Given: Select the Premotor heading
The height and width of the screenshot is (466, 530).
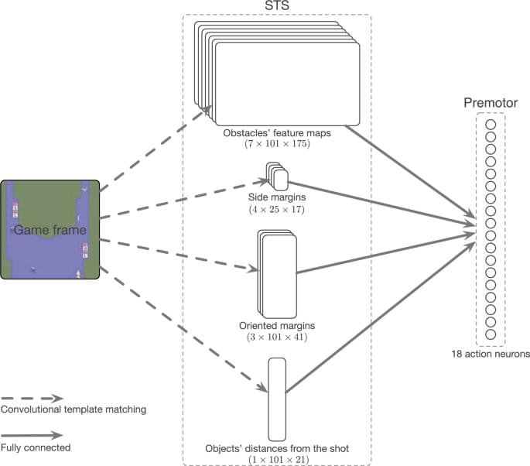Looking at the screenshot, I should click(490, 103).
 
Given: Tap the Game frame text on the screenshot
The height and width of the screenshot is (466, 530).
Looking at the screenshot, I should click(50, 230).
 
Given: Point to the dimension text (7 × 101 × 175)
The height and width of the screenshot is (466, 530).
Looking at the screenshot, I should click(277, 145).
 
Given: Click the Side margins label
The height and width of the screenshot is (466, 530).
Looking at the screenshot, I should click(276, 197).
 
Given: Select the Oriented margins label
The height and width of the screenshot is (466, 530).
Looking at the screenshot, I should click(276, 326).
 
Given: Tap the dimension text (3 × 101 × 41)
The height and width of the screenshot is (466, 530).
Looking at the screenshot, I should click(276, 338).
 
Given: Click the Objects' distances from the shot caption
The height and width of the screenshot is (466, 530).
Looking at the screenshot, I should click(277, 448).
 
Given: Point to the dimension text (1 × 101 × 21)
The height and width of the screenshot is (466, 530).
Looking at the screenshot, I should click(277, 459).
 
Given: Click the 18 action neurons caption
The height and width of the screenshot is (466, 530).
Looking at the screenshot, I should click(491, 355).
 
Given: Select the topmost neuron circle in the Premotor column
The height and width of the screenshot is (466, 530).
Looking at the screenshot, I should click(491, 123).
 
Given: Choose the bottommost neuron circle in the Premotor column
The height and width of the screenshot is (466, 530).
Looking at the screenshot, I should click(491, 334).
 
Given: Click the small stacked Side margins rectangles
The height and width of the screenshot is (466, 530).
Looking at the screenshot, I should click(277, 177).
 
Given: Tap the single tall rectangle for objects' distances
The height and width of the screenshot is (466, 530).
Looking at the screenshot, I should click(277, 399).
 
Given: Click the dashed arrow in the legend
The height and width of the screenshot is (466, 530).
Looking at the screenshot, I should click(31, 398).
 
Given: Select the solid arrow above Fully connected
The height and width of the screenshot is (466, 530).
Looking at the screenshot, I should click(31, 436).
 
